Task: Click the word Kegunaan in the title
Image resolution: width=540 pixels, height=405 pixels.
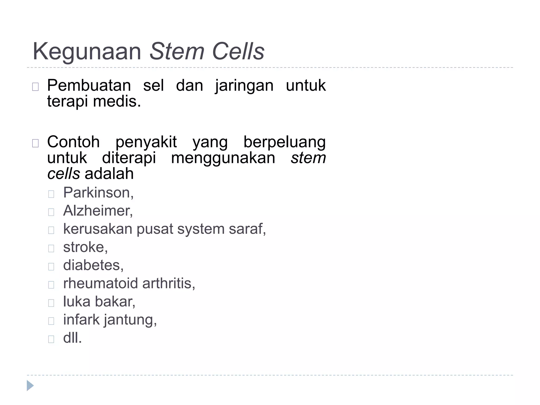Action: (x=87, y=52)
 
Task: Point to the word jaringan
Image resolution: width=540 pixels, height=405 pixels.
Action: (x=244, y=86)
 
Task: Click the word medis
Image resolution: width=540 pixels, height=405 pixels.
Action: (x=117, y=102)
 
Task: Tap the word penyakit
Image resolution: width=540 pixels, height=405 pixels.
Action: (x=146, y=142)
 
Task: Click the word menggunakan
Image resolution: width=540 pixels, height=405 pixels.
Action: (x=223, y=158)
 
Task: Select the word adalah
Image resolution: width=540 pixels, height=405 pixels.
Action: (x=109, y=174)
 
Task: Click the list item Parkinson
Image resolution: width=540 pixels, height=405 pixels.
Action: (x=98, y=192)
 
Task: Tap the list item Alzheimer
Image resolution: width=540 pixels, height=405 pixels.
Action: (x=98, y=211)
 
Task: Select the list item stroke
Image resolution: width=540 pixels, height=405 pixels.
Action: (x=85, y=247)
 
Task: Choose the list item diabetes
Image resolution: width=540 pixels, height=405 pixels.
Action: (x=93, y=265)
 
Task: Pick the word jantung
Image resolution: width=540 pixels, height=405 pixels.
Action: (x=130, y=320)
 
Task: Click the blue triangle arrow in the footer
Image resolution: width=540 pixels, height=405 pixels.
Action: (x=30, y=385)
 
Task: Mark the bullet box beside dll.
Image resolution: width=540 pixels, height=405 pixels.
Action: (x=51, y=339)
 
